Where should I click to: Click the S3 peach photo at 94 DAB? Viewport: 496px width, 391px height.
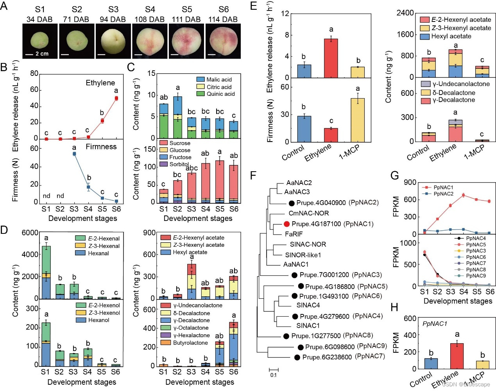pyautogui.click(x=113, y=41)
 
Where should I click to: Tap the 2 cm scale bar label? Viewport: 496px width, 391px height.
pyautogui.click(x=42, y=54)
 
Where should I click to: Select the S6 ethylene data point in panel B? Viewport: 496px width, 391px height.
pyautogui.click(x=116, y=98)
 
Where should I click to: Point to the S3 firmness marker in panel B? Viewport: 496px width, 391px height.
pyautogui.click(x=74, y=154)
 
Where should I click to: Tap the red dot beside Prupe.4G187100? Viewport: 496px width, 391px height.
pyautogui.click(x=286, y=224)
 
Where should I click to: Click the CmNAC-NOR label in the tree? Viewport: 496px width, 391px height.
pyautogui.click(x=308, y=213)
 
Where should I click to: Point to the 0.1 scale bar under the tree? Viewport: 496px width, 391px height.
pyautogui.click(x=274, y=369)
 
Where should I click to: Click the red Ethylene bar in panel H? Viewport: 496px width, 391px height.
pyautogui.click(x=457, y=356)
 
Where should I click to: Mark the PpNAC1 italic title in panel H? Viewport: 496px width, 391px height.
pyautogui.click(x=435, y=324)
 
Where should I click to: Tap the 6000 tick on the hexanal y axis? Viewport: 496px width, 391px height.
pyautogui.click(x=30, y=233)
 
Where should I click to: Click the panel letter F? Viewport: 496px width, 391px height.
pyautogui.click(x=253, y=175)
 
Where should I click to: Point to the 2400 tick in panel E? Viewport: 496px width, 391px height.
pyautogui.click(x=405, y=13)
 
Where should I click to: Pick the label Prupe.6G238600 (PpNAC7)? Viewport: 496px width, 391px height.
pyautogui.click(x=343, y=357)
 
